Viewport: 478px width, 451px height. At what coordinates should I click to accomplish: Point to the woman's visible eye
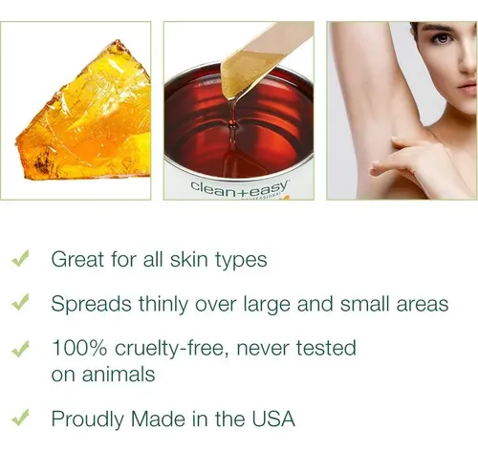(442, 39)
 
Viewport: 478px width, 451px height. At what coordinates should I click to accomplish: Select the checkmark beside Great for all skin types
(20, 258)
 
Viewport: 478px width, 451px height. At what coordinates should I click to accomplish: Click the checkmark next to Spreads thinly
(20, 302)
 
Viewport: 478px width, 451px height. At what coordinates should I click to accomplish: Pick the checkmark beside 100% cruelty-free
(20, 349)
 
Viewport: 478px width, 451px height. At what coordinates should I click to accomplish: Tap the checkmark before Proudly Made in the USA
(20, 418)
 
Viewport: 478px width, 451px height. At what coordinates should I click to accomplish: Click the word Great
(78, 259)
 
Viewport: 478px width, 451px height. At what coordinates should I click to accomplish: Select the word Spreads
(91, 304)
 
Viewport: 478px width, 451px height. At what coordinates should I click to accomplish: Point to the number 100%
(79, 348)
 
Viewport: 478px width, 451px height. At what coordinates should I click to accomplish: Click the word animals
(119, 374)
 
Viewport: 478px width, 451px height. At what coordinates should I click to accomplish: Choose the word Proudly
(88, 419)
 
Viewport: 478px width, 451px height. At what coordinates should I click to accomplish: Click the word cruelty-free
(172, 348)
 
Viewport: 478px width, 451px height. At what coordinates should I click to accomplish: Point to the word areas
(423, 305)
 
